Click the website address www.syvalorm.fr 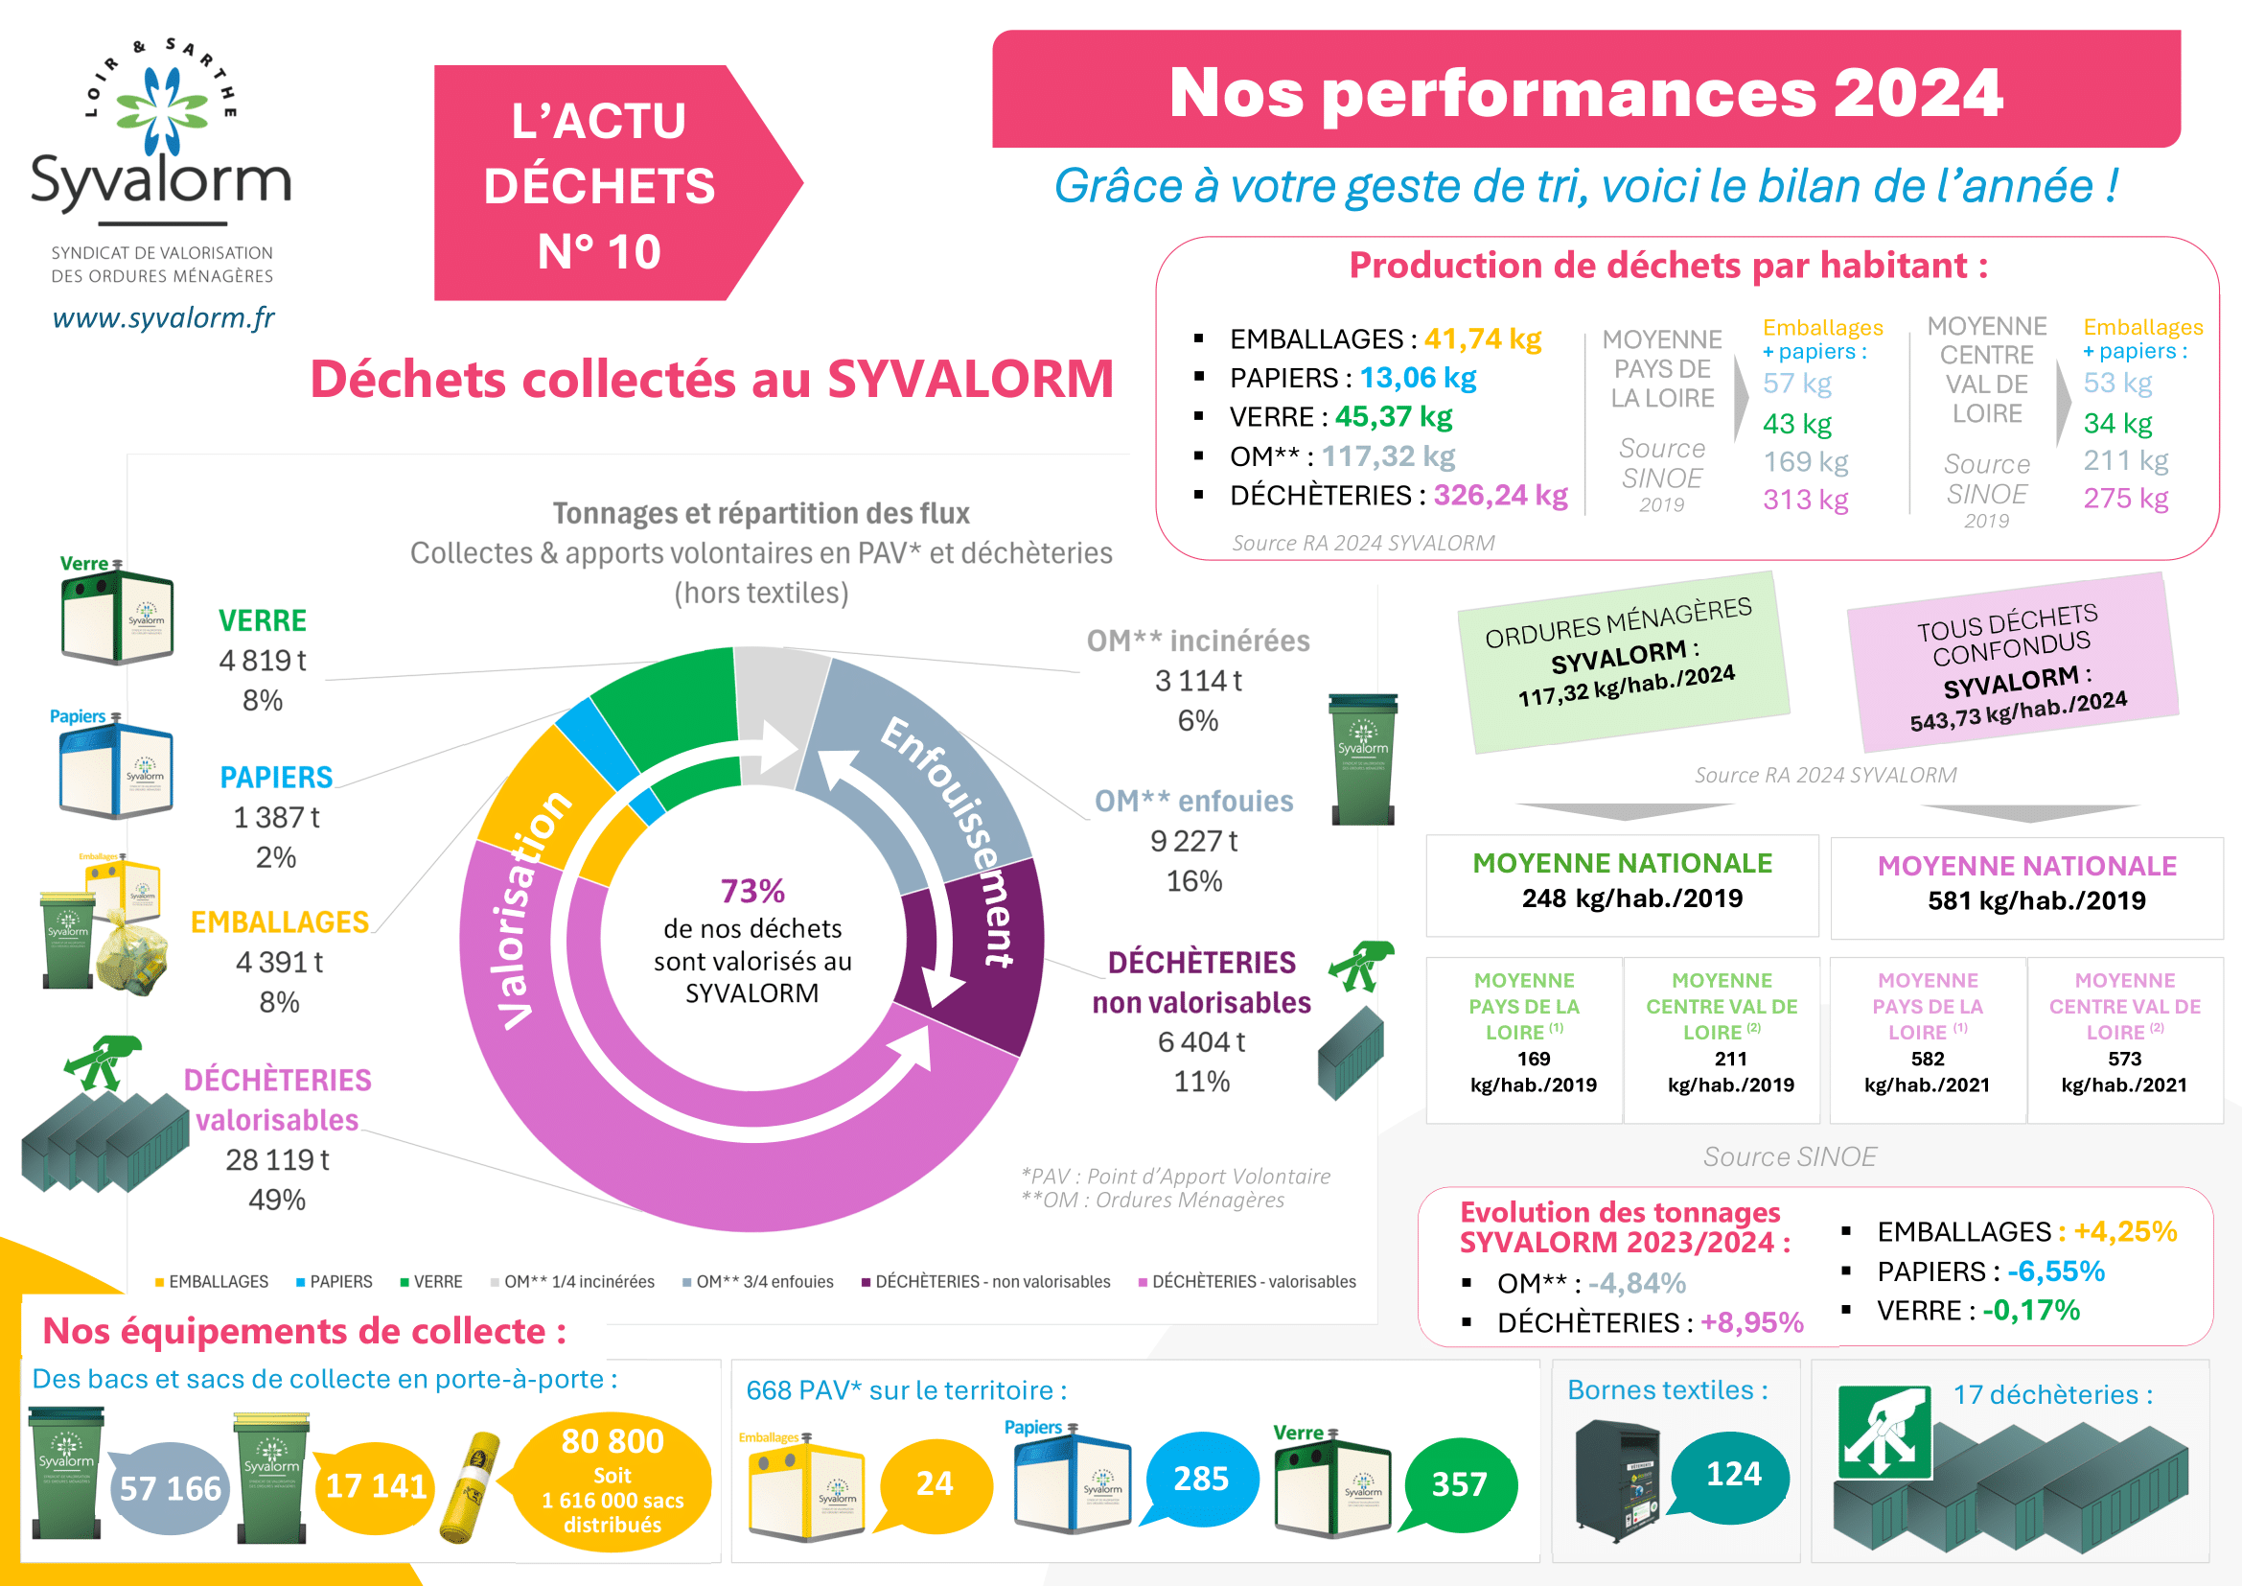[x=163, y=317]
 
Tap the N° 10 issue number [x=598, y=252]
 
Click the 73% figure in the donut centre [x=751, y=891]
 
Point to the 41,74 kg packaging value [x=1482, y=338]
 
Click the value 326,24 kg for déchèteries [x=1500, y=495]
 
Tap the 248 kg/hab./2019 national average [x=1631, y=898]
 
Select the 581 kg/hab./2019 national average [x=2036, y=900]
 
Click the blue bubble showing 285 [x=1200, y=1479]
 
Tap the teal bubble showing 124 [x=1732, y=1474]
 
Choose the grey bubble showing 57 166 [x=170, y=1487]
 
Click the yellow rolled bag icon [x=471, y=1487]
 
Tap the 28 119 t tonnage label [x=276, y=1159]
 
